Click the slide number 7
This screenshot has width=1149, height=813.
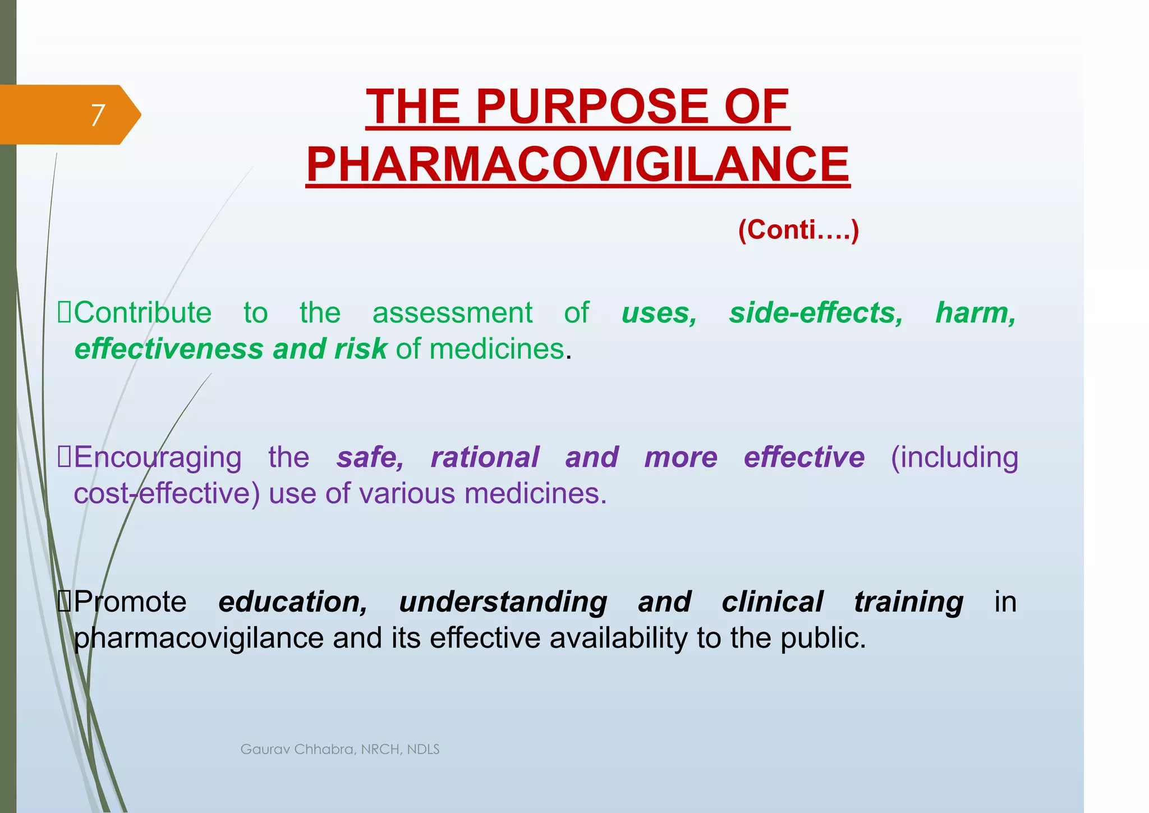98,116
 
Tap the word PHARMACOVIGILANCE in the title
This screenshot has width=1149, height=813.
578,164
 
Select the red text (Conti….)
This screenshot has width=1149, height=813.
798,230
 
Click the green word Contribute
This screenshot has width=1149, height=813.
143,313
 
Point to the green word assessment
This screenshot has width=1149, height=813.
452,313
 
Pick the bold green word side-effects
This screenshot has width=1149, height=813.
816,313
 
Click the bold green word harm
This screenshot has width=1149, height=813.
975,313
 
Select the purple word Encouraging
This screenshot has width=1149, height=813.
158,457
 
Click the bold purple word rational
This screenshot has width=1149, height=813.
485,457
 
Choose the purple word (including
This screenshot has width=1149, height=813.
954,457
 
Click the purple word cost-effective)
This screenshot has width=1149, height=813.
167,494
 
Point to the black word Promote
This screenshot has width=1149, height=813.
130,601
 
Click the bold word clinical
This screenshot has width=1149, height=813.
772,601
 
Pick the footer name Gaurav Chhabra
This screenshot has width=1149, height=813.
297,750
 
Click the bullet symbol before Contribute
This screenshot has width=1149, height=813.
65,313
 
